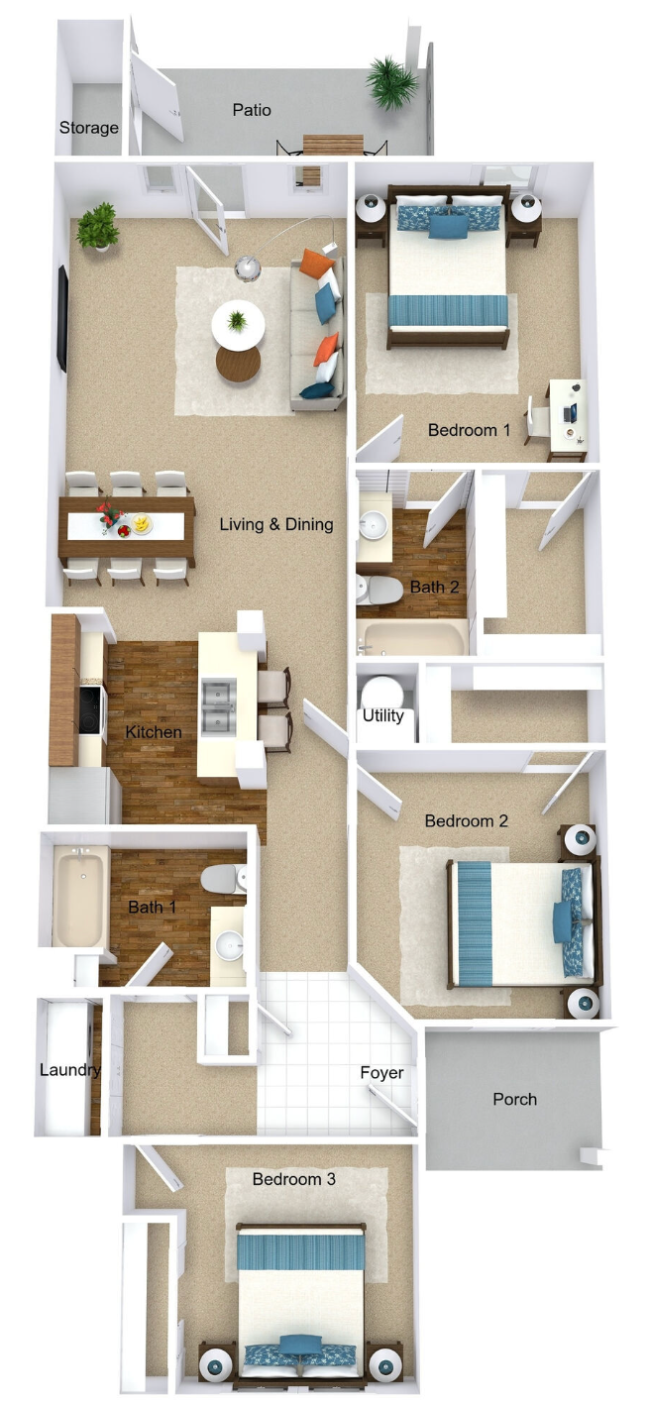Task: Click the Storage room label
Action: click(x=89, y=128)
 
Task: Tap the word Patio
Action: click(x=252, y=110)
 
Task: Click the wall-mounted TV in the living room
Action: click(x=63, y=319)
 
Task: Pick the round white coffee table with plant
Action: click(x=238, y=323)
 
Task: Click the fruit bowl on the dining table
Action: click(x=142, y=522)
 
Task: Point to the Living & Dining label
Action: click(x=276, y=524)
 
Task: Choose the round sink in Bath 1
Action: click(x=230, y=945)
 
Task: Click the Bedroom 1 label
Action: click(x=469, y=430)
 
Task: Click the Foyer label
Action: click(x=381, y=1072)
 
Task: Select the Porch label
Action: click(x=514, y=1099)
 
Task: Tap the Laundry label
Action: click(x=69, y=1070)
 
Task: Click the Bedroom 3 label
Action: click(x=293, y=1179)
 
